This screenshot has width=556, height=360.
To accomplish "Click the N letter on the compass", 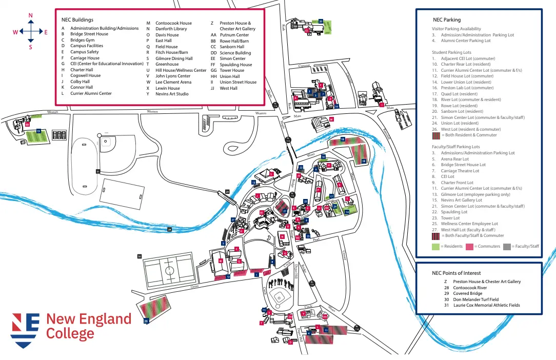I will tap(30, 16).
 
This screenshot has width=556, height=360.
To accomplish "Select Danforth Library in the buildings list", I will tap(171, 29).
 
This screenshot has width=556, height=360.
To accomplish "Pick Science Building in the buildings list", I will tap(235, 53).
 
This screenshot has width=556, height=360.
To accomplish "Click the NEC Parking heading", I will tap(447, 20).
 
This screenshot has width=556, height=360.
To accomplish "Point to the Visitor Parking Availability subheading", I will tap(456, 29).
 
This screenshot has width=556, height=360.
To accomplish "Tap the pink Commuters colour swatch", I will tap(469, 247).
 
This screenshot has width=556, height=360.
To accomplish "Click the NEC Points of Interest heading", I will tap(456, 273).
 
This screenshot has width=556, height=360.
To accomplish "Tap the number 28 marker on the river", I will tap(169, 229).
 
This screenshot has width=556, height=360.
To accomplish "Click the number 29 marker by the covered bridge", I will tap(227, 192).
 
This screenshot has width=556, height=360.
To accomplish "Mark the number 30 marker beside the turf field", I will tap(138, 256).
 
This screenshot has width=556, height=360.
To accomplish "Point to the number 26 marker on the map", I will tap(147, 321).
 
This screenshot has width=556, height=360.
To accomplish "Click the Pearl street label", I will tap(316, 239).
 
